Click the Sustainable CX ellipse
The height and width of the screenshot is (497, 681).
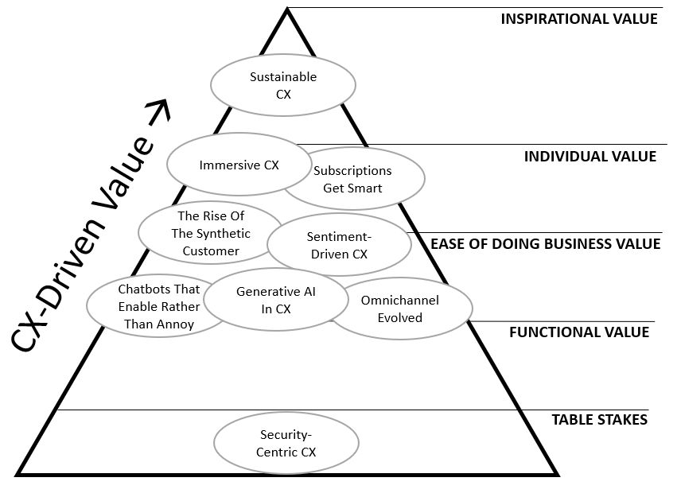(282, 85)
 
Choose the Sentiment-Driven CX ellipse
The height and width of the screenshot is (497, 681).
(337, 245)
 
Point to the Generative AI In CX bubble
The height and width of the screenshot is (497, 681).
(276, 300)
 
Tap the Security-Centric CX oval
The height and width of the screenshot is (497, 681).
(286, 443)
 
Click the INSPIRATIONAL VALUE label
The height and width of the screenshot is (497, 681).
(578, 19)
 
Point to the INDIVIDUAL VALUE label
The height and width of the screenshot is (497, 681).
(590, 157)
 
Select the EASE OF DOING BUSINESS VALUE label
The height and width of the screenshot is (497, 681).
(545, 244)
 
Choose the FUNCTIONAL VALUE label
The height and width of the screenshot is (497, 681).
(578, 332)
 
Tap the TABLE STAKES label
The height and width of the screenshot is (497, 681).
(599, 420)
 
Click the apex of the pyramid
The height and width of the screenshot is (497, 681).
(286, 10)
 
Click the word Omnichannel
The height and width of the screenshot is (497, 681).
(399, 301)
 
